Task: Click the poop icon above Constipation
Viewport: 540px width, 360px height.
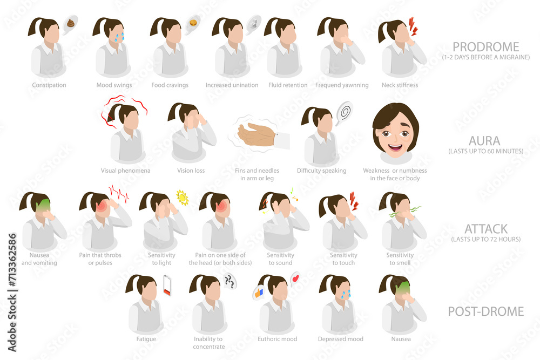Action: coord(70,23)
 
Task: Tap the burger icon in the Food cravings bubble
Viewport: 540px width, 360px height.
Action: coord(193,23)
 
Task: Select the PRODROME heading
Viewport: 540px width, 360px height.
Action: coord(485,47)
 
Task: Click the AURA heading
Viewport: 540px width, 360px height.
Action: coord(484,141)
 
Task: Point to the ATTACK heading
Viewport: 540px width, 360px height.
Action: coord(486,229)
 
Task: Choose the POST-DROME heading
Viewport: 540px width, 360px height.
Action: coord(485,311)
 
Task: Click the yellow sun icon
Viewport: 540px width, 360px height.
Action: coord(182,198)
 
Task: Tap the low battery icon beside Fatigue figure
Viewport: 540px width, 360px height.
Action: coord(167,286)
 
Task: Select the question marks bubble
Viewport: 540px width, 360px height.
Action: coord(230,281)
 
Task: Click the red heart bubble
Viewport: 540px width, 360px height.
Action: coord(295,278)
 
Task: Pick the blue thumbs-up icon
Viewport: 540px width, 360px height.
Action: coord(258,293)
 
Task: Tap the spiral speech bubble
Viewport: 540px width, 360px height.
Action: coord(344,113)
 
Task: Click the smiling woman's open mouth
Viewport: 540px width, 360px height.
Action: coord(395,148)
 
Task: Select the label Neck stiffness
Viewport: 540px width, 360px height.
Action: coord(400,85)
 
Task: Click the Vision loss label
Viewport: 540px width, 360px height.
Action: coord(191,171)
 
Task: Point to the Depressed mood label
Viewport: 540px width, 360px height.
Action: coord(341,339)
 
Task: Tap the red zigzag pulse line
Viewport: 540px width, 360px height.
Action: coord(119,193)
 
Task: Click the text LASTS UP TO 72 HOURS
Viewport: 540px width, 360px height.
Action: coord(486,239)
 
